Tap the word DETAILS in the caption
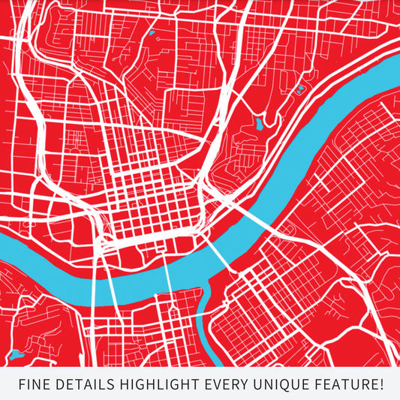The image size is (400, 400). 80,385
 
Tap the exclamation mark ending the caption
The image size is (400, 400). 381,385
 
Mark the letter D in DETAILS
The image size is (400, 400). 60,385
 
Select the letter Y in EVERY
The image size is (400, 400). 243,385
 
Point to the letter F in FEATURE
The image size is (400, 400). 317,385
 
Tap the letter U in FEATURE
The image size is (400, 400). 355,385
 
